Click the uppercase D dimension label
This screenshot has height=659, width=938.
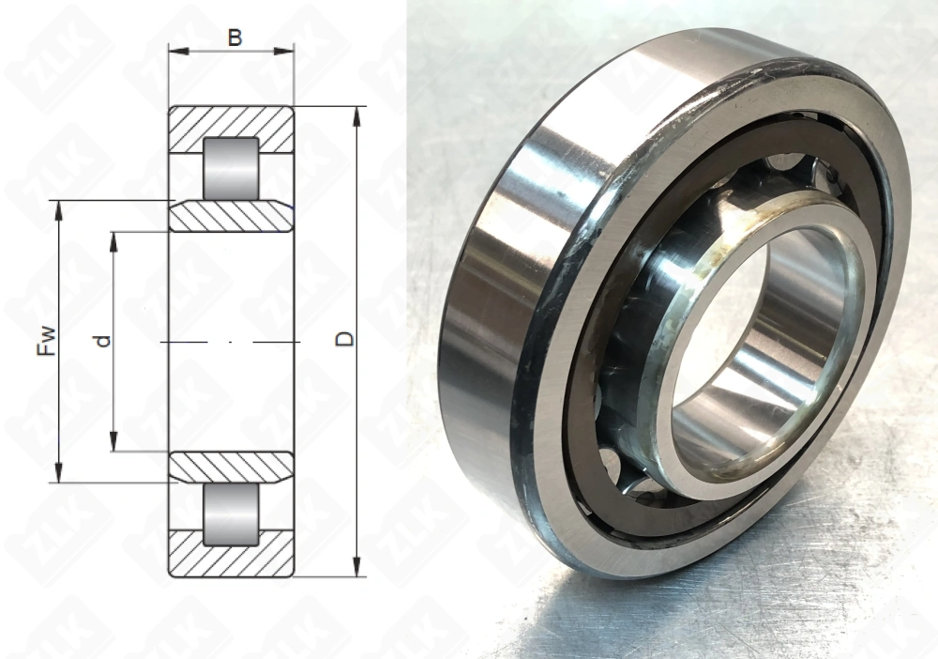click(346, 339)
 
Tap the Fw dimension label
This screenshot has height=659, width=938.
click(45, 340)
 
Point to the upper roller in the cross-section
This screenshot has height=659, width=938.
click(231, 168)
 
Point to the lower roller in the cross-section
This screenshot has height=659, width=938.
click(231, 515)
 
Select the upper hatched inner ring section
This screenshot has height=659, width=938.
click(231, 217)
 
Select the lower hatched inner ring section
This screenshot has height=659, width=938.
click(231, 467)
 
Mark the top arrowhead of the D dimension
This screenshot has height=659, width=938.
click(357, 115)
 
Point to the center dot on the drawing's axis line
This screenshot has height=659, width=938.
click(231, 343)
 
